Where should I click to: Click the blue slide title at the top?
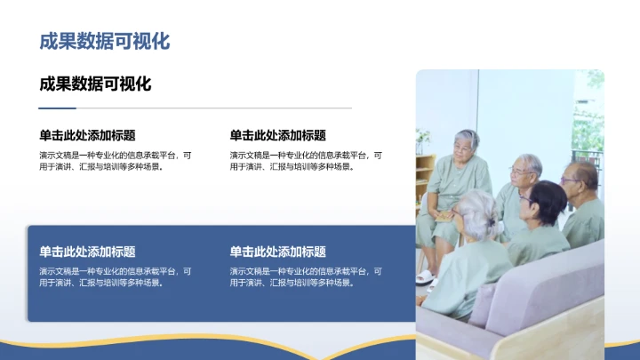(x=104, y=41)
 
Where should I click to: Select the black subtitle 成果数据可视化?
(x=95, y=84)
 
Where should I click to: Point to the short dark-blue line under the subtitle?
(x=58, y=108)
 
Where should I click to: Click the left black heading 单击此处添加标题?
(x=87, y=135)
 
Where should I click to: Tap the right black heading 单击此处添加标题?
(x=277, y=135)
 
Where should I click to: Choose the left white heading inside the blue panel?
(x=87, y=252)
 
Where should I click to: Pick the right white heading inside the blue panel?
(x=277, y=252)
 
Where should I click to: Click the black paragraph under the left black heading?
(x=115, y=160)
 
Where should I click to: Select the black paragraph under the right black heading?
(x=306, y=160)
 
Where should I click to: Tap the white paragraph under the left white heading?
(x=115, y=276)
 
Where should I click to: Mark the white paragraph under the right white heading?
(x=306, y=276)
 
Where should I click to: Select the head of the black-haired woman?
(x=547, y=201)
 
